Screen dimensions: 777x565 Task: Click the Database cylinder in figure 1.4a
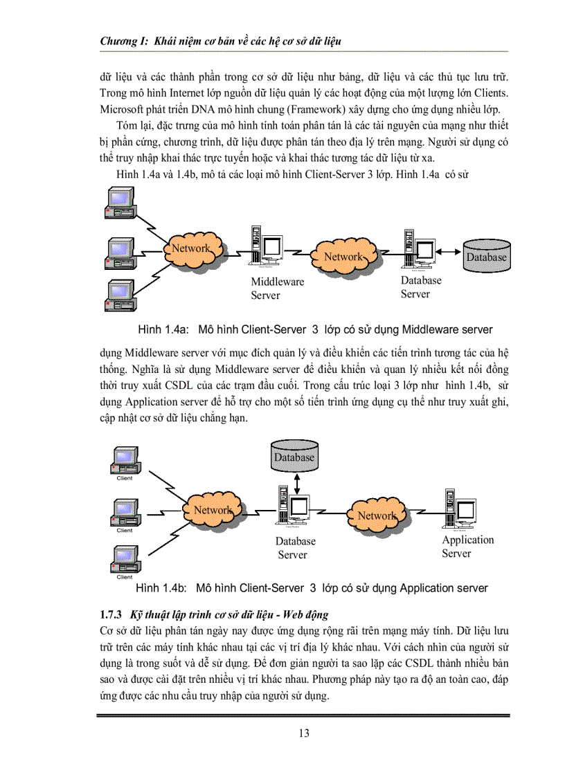(486, 255)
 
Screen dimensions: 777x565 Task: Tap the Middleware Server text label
(277, 289)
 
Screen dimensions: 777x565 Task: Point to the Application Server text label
(468, 547)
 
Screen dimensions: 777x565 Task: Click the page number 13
(304, 733)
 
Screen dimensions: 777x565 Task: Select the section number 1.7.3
(111, 614)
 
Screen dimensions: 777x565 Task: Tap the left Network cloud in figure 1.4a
(192, 248)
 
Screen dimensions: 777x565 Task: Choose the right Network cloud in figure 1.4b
(377, 515)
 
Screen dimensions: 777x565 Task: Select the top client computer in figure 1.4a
(118, 206)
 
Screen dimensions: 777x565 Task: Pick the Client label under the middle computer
(125, 531)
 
